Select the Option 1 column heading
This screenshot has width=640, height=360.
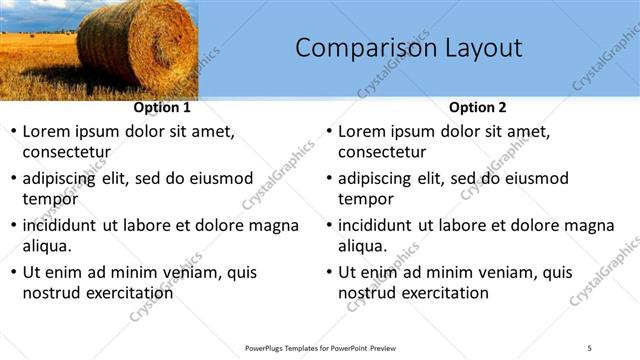point(162,107)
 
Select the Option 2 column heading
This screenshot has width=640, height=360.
point(478,107)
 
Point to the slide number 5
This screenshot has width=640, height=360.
point(590,347)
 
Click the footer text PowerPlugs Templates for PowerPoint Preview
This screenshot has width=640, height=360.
point(320,347)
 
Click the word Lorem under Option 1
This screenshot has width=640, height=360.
point(46,131)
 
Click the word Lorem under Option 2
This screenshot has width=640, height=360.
point(362,131)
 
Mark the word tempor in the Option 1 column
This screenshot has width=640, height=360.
point(50,199)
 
